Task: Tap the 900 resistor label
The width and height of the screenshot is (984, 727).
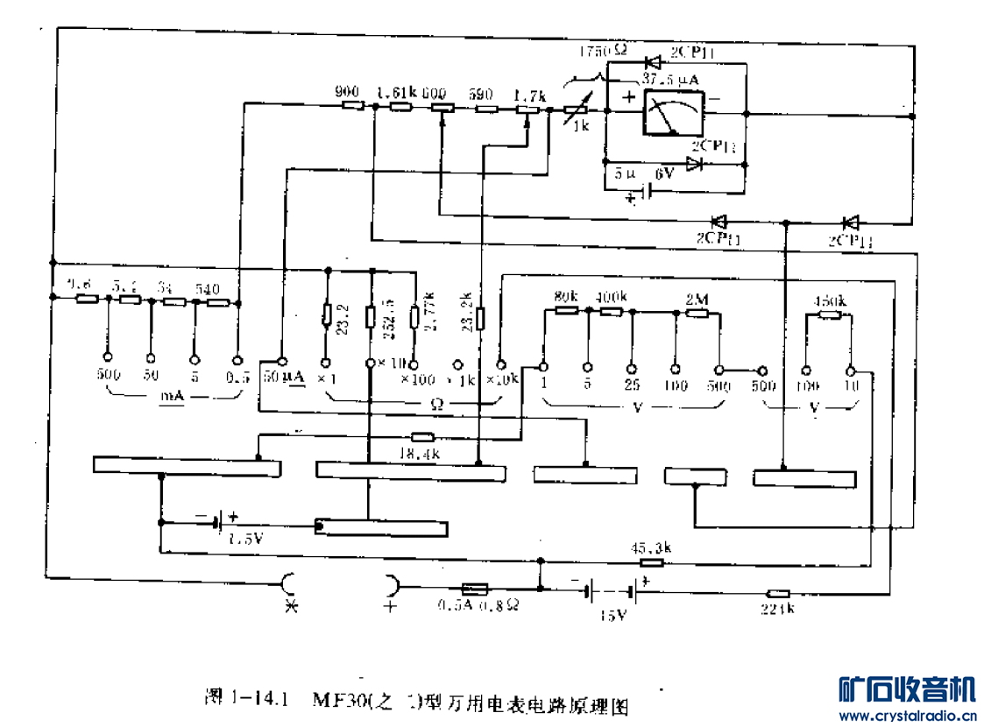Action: coord(348,91)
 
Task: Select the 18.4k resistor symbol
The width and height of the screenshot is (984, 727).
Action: coord(422,436)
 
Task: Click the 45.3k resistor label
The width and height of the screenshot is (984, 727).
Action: coord(650,549)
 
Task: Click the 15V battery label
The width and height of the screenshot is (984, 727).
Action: coord(612,615)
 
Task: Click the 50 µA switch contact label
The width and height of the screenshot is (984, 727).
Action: coord(283,378)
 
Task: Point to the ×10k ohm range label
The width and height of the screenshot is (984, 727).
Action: coord(503,379)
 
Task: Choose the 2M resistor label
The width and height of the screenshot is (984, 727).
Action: coord(696,299)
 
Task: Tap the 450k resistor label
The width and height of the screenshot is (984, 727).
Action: coord(830,300)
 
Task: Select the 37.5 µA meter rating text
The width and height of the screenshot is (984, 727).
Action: coord(670,80)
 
